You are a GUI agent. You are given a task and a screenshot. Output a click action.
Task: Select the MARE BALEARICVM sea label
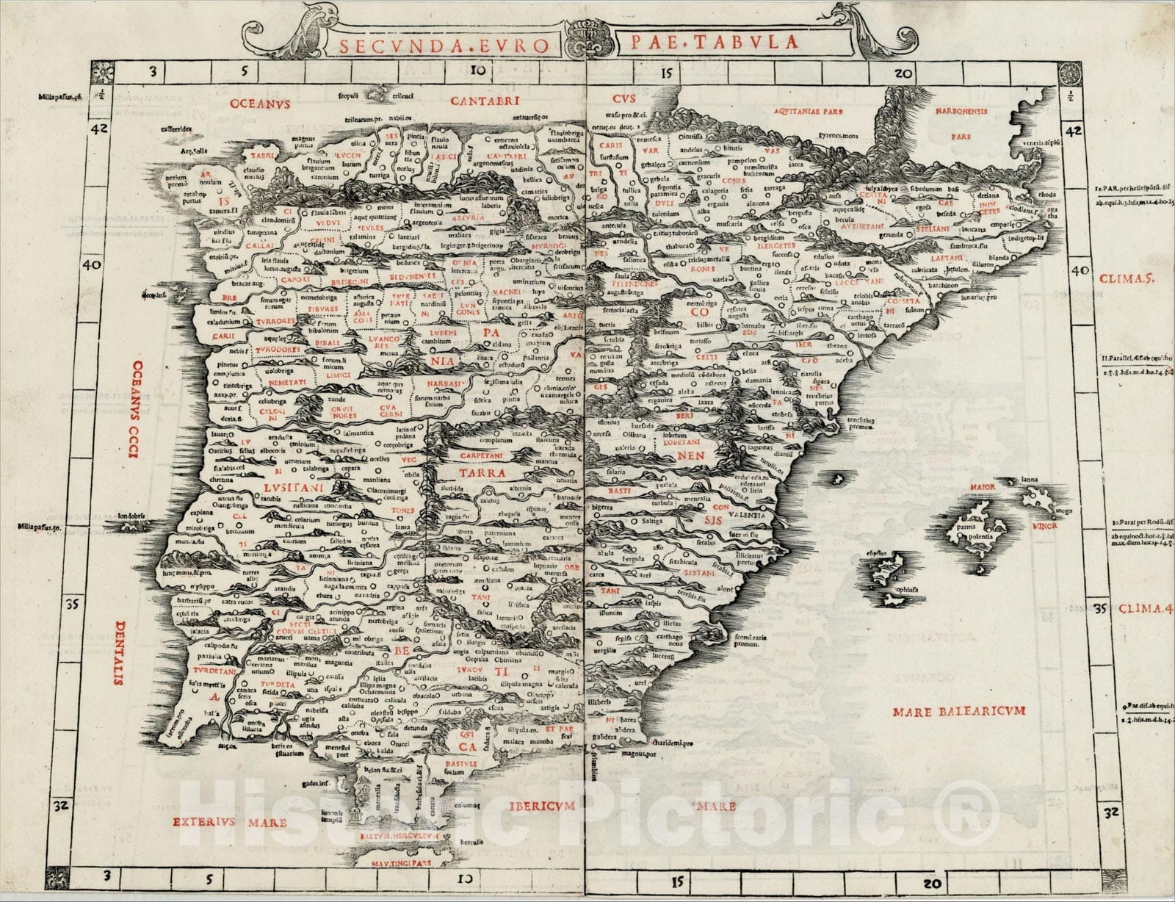pos(958,711)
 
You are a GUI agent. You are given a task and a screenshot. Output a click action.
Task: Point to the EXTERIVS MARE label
pos(230,822)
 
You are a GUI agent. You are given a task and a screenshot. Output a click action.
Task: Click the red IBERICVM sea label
pos(540,807)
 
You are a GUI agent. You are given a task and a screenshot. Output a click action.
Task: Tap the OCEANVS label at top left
pos(260,104)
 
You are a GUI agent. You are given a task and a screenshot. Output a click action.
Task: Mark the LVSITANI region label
pos(293,486)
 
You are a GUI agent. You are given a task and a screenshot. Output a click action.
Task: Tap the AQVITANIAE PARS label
pos(808,112)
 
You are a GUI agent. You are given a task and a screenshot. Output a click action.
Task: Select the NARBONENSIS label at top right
pos(961,112)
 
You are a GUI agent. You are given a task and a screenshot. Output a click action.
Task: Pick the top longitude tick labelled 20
pos(903,73)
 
